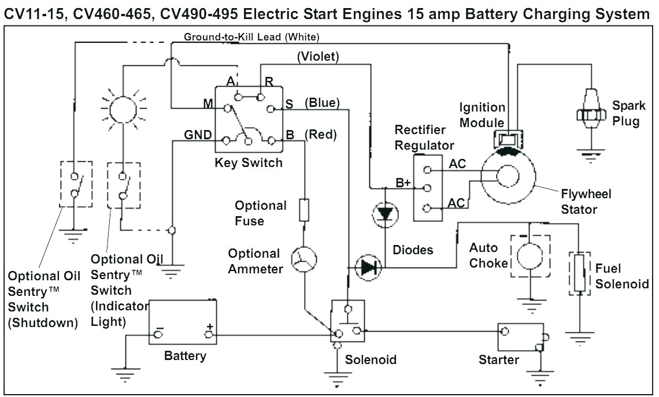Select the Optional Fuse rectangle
tap(304, 210)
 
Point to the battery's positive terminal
tap(209, 334)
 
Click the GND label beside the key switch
tap(198, 135)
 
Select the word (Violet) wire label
tap(318, 57)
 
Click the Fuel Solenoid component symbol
tap(579, 273)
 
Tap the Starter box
tap(521, 337)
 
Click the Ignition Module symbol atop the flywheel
tap(506, 139)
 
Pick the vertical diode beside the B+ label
tap(384, 214)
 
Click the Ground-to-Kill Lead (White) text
tap(251, 37)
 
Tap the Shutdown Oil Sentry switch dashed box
tap(76, 184)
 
